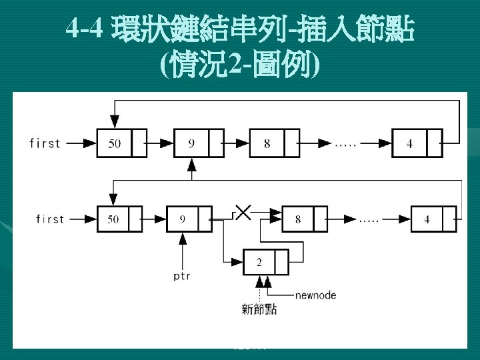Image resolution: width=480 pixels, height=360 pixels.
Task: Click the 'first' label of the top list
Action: point(45,143)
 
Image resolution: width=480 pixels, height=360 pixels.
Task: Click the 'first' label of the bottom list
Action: point(50,219)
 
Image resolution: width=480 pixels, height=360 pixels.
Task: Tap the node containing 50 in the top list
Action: point(121,143)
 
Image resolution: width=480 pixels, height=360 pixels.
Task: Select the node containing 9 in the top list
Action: point(199,143)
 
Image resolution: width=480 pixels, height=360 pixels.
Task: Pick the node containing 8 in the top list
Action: point(274,143)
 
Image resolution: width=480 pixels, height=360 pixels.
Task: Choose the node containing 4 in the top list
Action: point(417,143)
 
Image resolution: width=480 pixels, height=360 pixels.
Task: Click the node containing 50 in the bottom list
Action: point(120,219)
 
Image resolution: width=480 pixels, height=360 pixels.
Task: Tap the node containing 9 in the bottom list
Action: point(189,219)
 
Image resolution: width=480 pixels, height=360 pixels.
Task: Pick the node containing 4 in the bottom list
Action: point(434,219)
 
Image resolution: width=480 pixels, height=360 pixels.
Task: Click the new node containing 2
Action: point(266,262)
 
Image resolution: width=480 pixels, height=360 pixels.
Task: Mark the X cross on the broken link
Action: point(243,213)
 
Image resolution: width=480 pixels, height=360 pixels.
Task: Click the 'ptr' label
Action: point(182,275)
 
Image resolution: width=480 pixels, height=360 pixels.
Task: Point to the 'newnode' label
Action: point(315,295)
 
